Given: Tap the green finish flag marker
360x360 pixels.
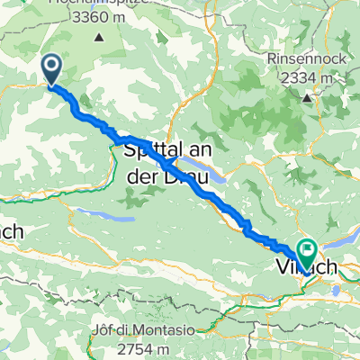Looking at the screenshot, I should pyautogui.click(x=308, y=248).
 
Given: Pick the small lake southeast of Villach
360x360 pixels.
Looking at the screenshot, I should pyautogui.click(x=338, y=290).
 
